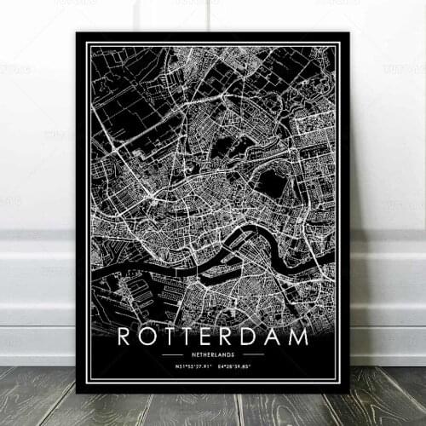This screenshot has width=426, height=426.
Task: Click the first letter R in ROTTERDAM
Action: click(125, 337)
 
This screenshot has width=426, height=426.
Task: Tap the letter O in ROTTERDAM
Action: click(148, 337)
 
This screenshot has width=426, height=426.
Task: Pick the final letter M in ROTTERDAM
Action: click(299, 337)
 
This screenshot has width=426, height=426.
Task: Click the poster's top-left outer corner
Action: click(77, 32)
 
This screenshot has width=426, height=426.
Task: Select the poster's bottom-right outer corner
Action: click(349, 393)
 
